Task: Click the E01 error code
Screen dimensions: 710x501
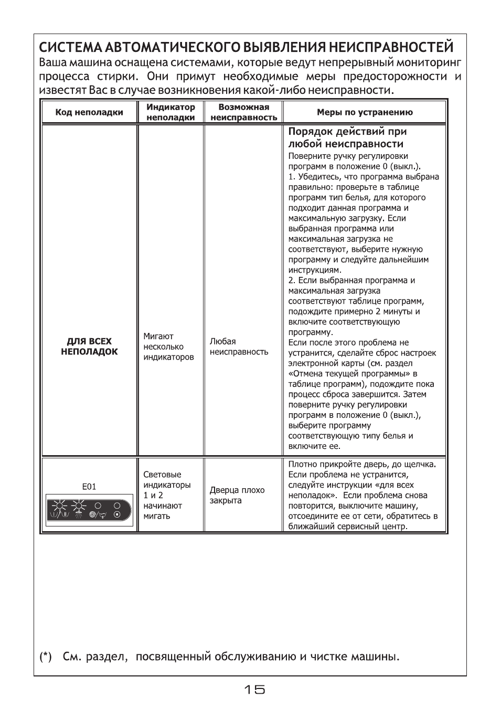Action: pos(89,487)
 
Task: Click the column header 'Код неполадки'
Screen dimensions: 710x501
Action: pos(89,112)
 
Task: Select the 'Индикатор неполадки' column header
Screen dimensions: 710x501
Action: pos(170,112)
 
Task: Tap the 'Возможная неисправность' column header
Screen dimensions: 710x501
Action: pos(243,112)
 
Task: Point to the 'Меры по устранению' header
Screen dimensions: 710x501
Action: pos(365,112)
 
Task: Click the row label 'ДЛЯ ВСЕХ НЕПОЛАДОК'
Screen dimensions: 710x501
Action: pos(89,347)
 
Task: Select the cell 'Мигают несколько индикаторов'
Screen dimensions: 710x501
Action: pos(168,347)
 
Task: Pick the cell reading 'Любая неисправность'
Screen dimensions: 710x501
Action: pos(239,347)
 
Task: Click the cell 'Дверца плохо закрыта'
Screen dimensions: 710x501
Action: pos(237,495)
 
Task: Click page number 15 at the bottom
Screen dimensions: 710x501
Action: pos(254,690)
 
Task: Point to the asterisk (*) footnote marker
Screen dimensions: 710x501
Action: pos(46,657)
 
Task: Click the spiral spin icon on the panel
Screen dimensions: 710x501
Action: pos(93,515)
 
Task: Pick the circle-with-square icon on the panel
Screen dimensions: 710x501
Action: pos(117,515)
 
